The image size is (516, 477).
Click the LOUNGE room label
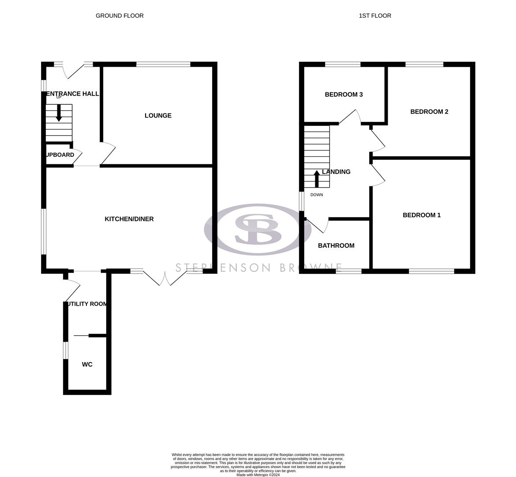[158, 116]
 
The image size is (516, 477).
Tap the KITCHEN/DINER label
[129, 219]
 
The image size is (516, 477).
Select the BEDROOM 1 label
[422, 215]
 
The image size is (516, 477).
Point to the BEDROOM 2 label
[429, 112]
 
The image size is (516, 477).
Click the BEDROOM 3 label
[344, 95]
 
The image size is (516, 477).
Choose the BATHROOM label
[336, 246]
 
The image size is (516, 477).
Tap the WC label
[87, 364]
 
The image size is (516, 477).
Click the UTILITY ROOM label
[86, 304]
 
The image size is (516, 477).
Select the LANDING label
[337, 172]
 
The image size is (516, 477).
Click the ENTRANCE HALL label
[73, 94]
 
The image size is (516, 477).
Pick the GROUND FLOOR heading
[120, 15]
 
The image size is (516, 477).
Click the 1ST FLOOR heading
[375, 15]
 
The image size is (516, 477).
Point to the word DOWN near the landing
[317, 195]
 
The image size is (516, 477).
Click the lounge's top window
[163, 64]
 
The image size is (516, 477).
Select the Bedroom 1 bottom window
[431, 271]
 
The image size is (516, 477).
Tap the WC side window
[66, 350]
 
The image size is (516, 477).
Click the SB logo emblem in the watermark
[258, 229]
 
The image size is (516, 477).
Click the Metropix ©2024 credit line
[258, 475]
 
